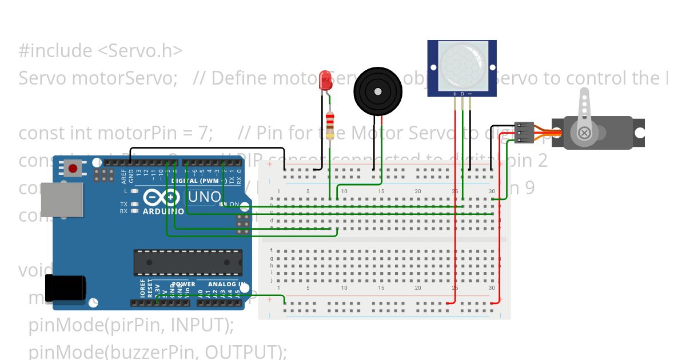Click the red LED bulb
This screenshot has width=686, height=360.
click(x=326, y=81)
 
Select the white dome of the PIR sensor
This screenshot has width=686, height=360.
click(x=462, y=66)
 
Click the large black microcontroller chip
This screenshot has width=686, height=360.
click(x=188, y=262)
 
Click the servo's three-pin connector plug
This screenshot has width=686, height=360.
click(x=524, y=133)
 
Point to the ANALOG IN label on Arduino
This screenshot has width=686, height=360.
click(x=227, y=284)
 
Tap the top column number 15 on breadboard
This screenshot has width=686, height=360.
click(x=381, y=191)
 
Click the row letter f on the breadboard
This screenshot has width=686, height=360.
click(x=271, y=250)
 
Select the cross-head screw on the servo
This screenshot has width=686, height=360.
click(x=584, y=133)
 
